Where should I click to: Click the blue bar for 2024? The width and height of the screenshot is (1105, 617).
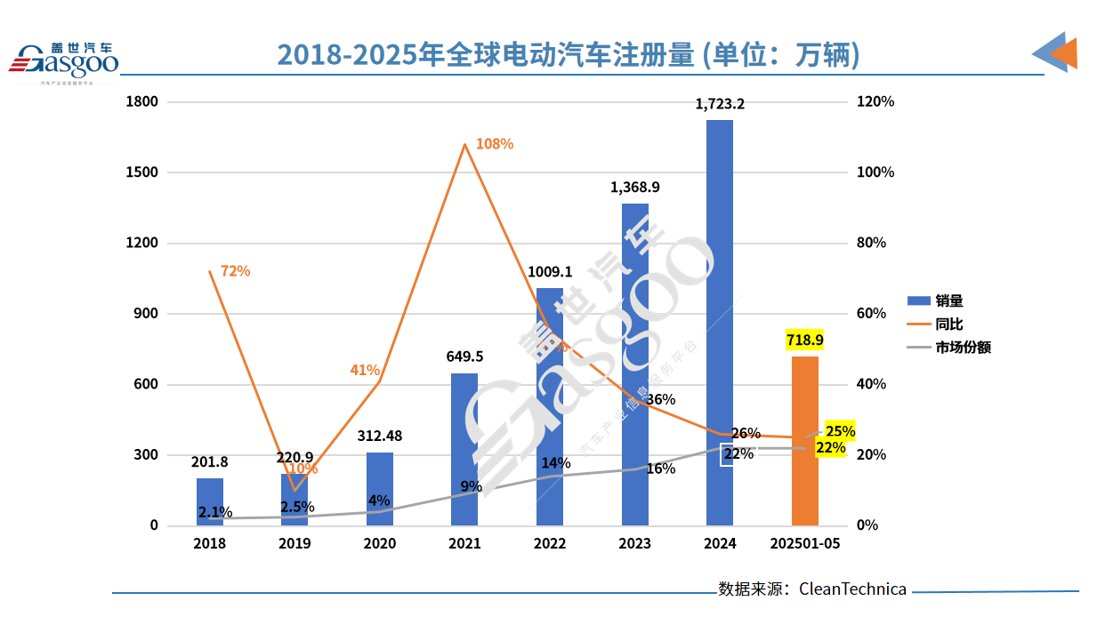(719, 322)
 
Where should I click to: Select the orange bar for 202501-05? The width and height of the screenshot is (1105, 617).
(804, 441)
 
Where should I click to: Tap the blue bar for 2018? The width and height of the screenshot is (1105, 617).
(210, 501)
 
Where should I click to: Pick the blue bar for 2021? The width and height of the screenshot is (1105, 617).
(464, 449)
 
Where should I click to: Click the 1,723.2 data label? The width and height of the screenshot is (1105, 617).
(720, 104)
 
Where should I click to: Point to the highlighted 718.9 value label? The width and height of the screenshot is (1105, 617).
(804, 340)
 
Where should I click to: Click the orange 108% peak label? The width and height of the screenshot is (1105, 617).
(494, 144)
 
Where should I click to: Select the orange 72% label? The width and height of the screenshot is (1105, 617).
(236, 271)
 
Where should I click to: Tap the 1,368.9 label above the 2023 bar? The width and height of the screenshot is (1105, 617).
(635, 188)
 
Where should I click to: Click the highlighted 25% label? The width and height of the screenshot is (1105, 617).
(840, 431)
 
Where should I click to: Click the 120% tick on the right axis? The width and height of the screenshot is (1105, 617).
(875, 102)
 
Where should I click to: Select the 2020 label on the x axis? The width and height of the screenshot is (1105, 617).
(380, 543)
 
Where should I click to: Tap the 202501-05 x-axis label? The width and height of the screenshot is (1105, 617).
(804, 543)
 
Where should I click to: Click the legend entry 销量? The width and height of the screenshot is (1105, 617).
(948, 301)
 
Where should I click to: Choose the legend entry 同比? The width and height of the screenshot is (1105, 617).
(948, 325)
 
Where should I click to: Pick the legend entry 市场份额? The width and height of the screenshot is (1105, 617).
(961, 348)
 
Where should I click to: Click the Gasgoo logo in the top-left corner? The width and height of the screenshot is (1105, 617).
(64, 60)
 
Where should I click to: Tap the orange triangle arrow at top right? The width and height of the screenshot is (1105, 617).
(1064, 54)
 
